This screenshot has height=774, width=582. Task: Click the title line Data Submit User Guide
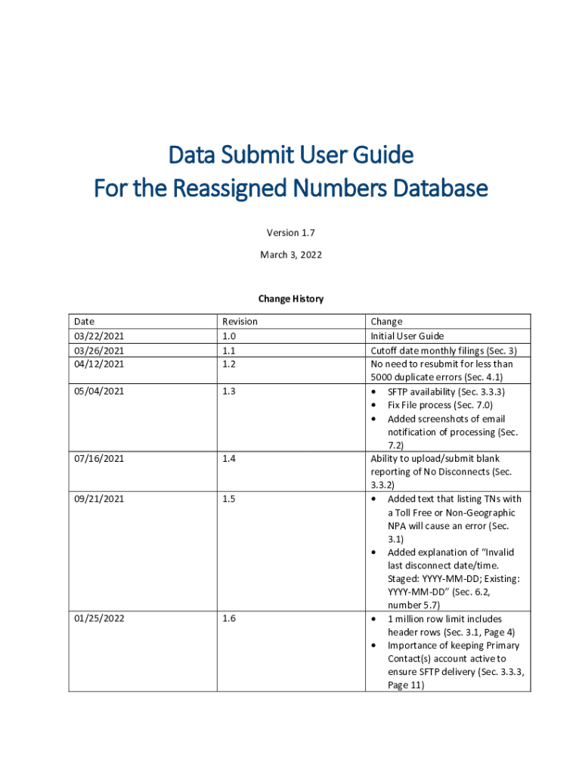click(x=291, y=155)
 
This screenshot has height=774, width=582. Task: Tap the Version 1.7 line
click(x=291, y=234)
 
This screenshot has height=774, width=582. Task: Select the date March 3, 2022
click(x=291, y=255)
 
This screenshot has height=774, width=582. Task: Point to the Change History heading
click(x=291, y=299)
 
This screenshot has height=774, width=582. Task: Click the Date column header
click(x=85, y=321)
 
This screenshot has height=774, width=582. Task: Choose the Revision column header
click(x=240, y=321)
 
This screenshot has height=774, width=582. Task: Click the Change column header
click(x=386, y=321)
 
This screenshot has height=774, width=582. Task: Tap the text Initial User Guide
click(x=407, y=336)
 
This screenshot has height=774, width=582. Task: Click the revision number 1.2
click(x=228, y=364)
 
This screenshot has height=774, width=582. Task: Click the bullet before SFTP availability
click(x=376, y=392)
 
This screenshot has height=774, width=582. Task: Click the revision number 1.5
click(x=228, y=499)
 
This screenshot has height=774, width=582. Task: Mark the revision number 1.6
click(x=228, y=618)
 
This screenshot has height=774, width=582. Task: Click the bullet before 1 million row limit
click(x=376, y=619)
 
